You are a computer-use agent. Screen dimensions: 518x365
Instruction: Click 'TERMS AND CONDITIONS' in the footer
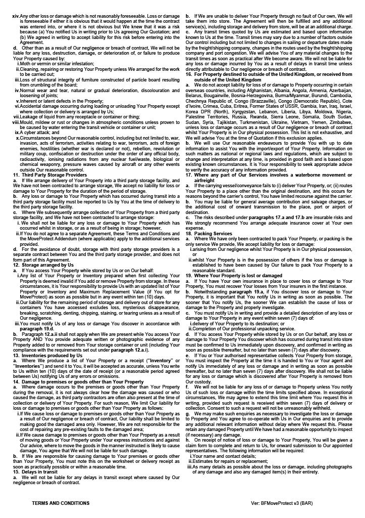61,503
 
